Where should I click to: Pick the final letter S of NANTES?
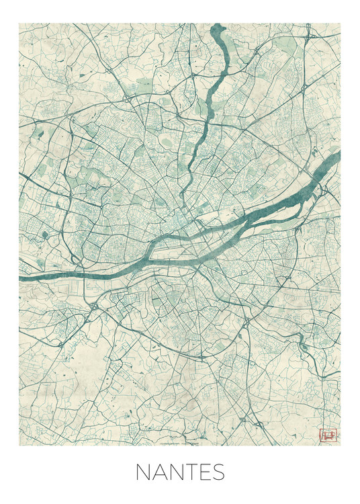tap(220, 472)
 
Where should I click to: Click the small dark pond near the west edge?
tap(44, 235)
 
